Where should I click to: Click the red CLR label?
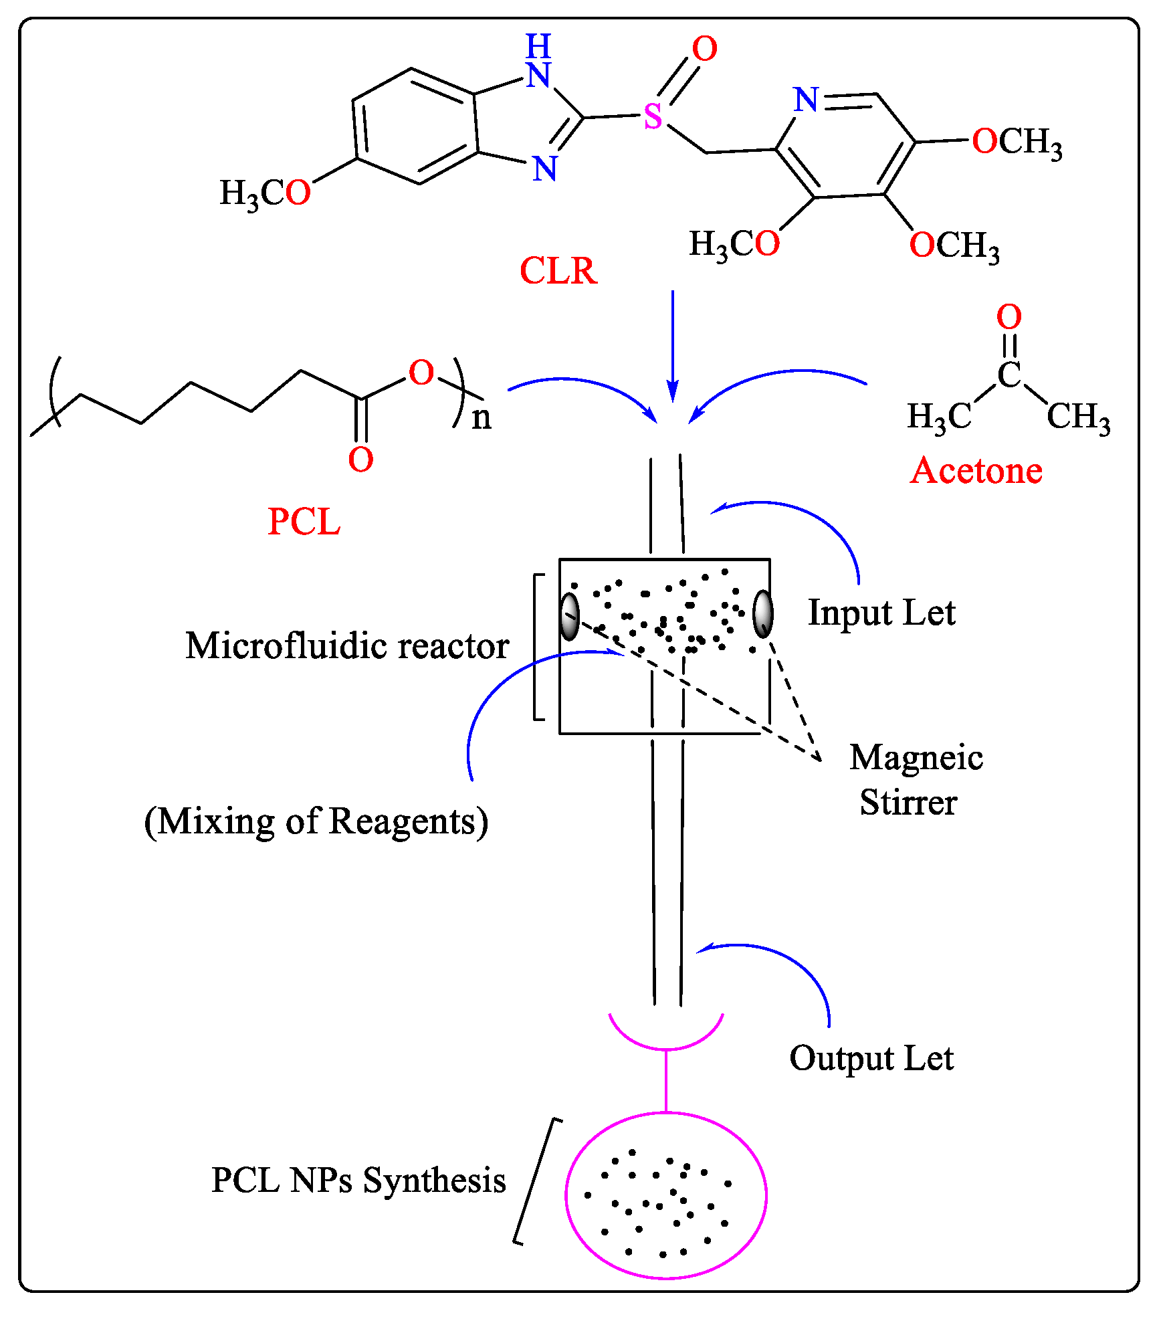pos(558,271)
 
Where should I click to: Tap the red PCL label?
pos(304,522)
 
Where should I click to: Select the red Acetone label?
pos(976,471)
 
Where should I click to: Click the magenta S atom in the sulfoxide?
pos(653,117)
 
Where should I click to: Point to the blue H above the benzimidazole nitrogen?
pos(538,47)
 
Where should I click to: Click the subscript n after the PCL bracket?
pos(482,419)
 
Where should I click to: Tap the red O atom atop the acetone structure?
pos(1009,317)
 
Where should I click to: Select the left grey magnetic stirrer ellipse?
pos(570,616)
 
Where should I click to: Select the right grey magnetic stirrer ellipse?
pos(762,613)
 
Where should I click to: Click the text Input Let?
pos(881,613)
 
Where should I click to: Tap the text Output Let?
pos(871,1059)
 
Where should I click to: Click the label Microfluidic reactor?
pos(347,646)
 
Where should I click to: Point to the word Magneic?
pos(916,758)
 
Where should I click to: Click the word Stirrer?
pos(908,803)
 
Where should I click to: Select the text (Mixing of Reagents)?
pos(316,821)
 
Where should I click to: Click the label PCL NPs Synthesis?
pos(358,1180)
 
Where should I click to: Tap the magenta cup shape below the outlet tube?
pos(666,1040)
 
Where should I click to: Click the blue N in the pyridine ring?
pos(806,100)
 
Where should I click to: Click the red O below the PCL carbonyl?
pos(360,460)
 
